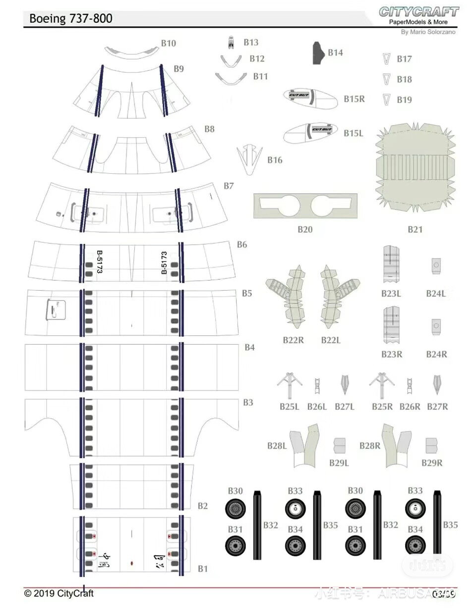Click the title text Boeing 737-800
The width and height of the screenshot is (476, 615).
pyautogui.click(x=70, y=19)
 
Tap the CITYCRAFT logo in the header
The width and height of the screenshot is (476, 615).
pyautogui.click(x=418, y=12)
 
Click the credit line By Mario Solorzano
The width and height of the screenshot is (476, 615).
pyautogui.click(x=428, y=32)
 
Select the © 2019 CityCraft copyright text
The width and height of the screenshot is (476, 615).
pyautogui.click(x=59, y=593)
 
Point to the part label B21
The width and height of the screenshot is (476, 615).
pyautogui.click(x=415, y=229)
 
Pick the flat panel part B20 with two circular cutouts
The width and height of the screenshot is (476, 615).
pyautogui.click(x=305, y=206)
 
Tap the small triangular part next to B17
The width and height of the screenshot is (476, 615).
pyautogui.click(x=386, y=59)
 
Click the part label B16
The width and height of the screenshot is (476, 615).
pyautogui.click(x=275, y=160)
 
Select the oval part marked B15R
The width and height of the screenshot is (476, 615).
pyautogui.click(x=310, y=98)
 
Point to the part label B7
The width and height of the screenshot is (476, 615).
pyautogui.click(x=229, y=186)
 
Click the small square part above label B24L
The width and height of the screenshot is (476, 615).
pyautogui.click(x=436, y=265)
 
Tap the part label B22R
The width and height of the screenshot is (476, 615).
pyautogui.click(x=294, y=340)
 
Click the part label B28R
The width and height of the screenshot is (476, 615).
pyautogui.click(x=370, y=446)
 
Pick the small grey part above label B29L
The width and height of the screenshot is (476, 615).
pyautogui.click(x=339, y=445)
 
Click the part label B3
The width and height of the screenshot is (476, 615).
pyautogui.click(x=248, y=403)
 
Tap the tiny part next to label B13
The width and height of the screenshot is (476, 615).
pyautogui.click(x=231, y=43)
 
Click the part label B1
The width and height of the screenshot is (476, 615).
pyautogui.click(x=203, y=568)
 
